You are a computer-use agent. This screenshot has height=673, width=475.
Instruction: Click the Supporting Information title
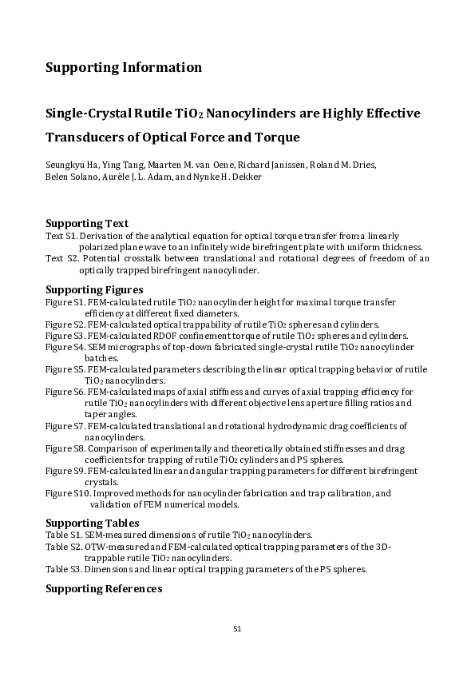tap(124, 67)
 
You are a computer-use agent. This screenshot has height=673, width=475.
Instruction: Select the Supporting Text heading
tap(87, 223)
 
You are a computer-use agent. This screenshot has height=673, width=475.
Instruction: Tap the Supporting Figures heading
tap(94, 289)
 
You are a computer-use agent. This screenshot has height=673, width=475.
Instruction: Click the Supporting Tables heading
tap(91, 523)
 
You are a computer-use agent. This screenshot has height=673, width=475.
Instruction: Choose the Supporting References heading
tap(104, 589)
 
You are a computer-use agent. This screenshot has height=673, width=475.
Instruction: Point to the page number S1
tap(237, 629)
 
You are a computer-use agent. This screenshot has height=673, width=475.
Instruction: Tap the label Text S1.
tap(61, 236)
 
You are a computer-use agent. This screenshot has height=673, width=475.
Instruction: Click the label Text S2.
tap(61, 259)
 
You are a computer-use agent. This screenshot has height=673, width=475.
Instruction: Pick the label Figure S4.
tap(65, 348)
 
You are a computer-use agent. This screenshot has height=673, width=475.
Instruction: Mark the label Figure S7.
tap(65, 426)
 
